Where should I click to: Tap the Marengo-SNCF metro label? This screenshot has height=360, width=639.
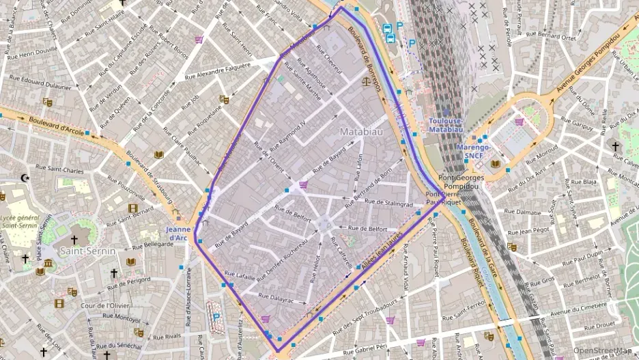coord(474,151)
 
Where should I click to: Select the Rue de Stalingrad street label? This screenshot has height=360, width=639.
coord(389,204)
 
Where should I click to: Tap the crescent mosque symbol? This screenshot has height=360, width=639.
coord(26,178)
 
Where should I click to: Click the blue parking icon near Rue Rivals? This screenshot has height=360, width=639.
coord(216,316)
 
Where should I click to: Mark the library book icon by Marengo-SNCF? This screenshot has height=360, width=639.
coord(495,163)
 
